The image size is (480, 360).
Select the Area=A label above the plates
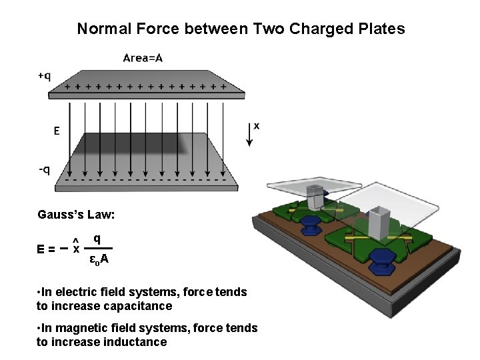point(143,58)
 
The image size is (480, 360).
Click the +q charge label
point(43,76)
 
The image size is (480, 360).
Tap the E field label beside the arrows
point(57,131)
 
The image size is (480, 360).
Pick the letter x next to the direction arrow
point(257,125)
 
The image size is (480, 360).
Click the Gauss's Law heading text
point(76,215)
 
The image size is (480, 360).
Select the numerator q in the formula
point(97,238)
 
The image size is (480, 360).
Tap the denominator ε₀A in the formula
point(99,259)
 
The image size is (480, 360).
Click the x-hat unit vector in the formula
point(76,247)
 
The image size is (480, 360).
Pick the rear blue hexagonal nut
point(310,223)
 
